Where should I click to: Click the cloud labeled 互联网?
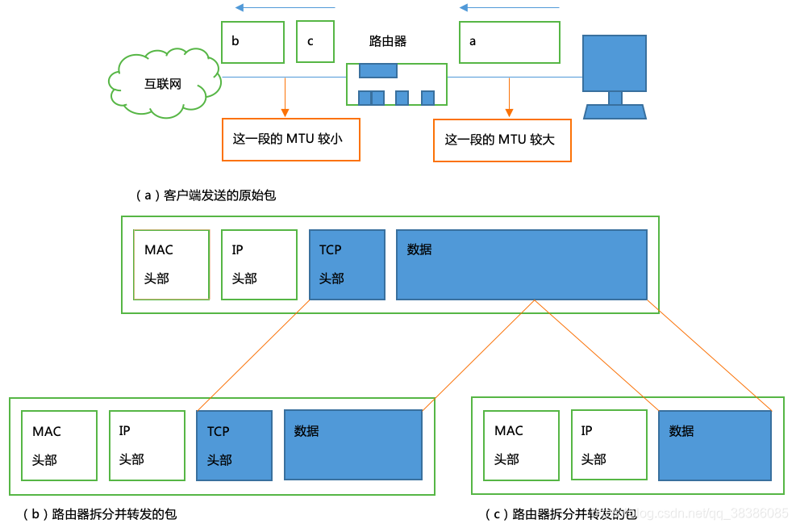pyautogui.click(x=164, y=84)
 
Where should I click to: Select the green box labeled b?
pyautogui.click(x=252, y=42)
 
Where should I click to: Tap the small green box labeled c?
pyautogui.click(x=315, y=42)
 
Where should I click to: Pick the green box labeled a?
pyautogui.click(x=510, y=42)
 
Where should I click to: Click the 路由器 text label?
pyautogui.click(x=388, y=41)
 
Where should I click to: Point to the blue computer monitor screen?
pyautogui.click(x=615, y=63)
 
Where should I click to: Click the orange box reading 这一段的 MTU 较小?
pyautogui.click(x=290, y=139)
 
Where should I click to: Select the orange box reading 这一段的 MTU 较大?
pyautogui.click(x=502, y=140)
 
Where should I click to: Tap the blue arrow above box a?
pyautogui.click(x=509, y=8)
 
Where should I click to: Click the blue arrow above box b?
pyautogui.click(x=285, y=8)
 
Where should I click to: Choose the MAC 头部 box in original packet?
pyautogui.click(x=172, y=264)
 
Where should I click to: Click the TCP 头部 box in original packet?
pyautogui.click(x=347, y=264)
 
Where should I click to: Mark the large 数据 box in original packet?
pyautogui.click(x=521, y=264)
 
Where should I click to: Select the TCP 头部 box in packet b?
pyautogui.click(x=234, y=446)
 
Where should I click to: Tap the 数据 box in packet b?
pyautogui.click(x=353, y=445)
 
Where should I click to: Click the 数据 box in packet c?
pyautogui.click(x=715, y=446)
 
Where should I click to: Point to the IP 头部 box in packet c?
pyautogui.click(x=609, y=446)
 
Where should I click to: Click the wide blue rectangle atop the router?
pyautogui.click(x=378, y=70)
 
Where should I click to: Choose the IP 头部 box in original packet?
pyautogui.click(x=259, y=264)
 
